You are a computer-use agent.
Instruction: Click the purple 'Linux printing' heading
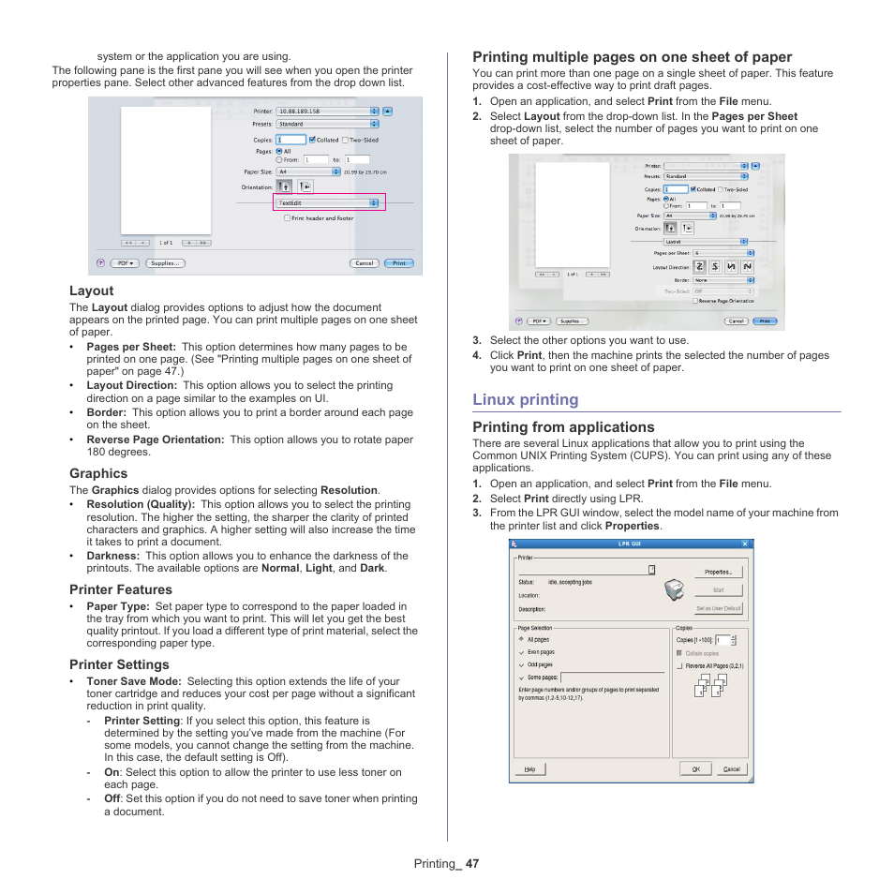pyautogui.click(x=525, y=399)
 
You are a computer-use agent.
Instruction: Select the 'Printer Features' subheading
pyautogui.click(x=120, y=589)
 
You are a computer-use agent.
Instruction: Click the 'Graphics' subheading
pyautogui.click(x=97, y=473)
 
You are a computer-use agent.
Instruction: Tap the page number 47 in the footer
pyautogui.click(x=471, y=864)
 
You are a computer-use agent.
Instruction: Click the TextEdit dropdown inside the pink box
pyautogui.click(x=327, y=202)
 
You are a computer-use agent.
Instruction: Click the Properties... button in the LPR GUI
pyautogui.click(x=718, y=572)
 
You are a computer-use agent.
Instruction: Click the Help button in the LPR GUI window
pyautogui.click(x=529, y=768)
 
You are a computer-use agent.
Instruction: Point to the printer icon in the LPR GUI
pyautogui.click(x=674, y=590)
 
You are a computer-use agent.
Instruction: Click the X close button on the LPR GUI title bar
pyautogui.click(x=745, y=544)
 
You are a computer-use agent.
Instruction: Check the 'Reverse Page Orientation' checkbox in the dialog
pyautogui.click(x=695, y=301)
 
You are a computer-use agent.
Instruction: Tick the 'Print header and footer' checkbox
pyautogui.click(x=287, y=218)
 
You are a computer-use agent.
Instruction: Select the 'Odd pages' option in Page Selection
pyautogui.click(x=541, y=664)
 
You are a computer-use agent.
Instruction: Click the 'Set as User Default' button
pyautogui.click(x=718, y=608)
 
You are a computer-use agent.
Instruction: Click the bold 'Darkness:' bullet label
pyautogui.click(x=112, y=556)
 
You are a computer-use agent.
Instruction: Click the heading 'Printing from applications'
pyautogui.click(x=563, y=427)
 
